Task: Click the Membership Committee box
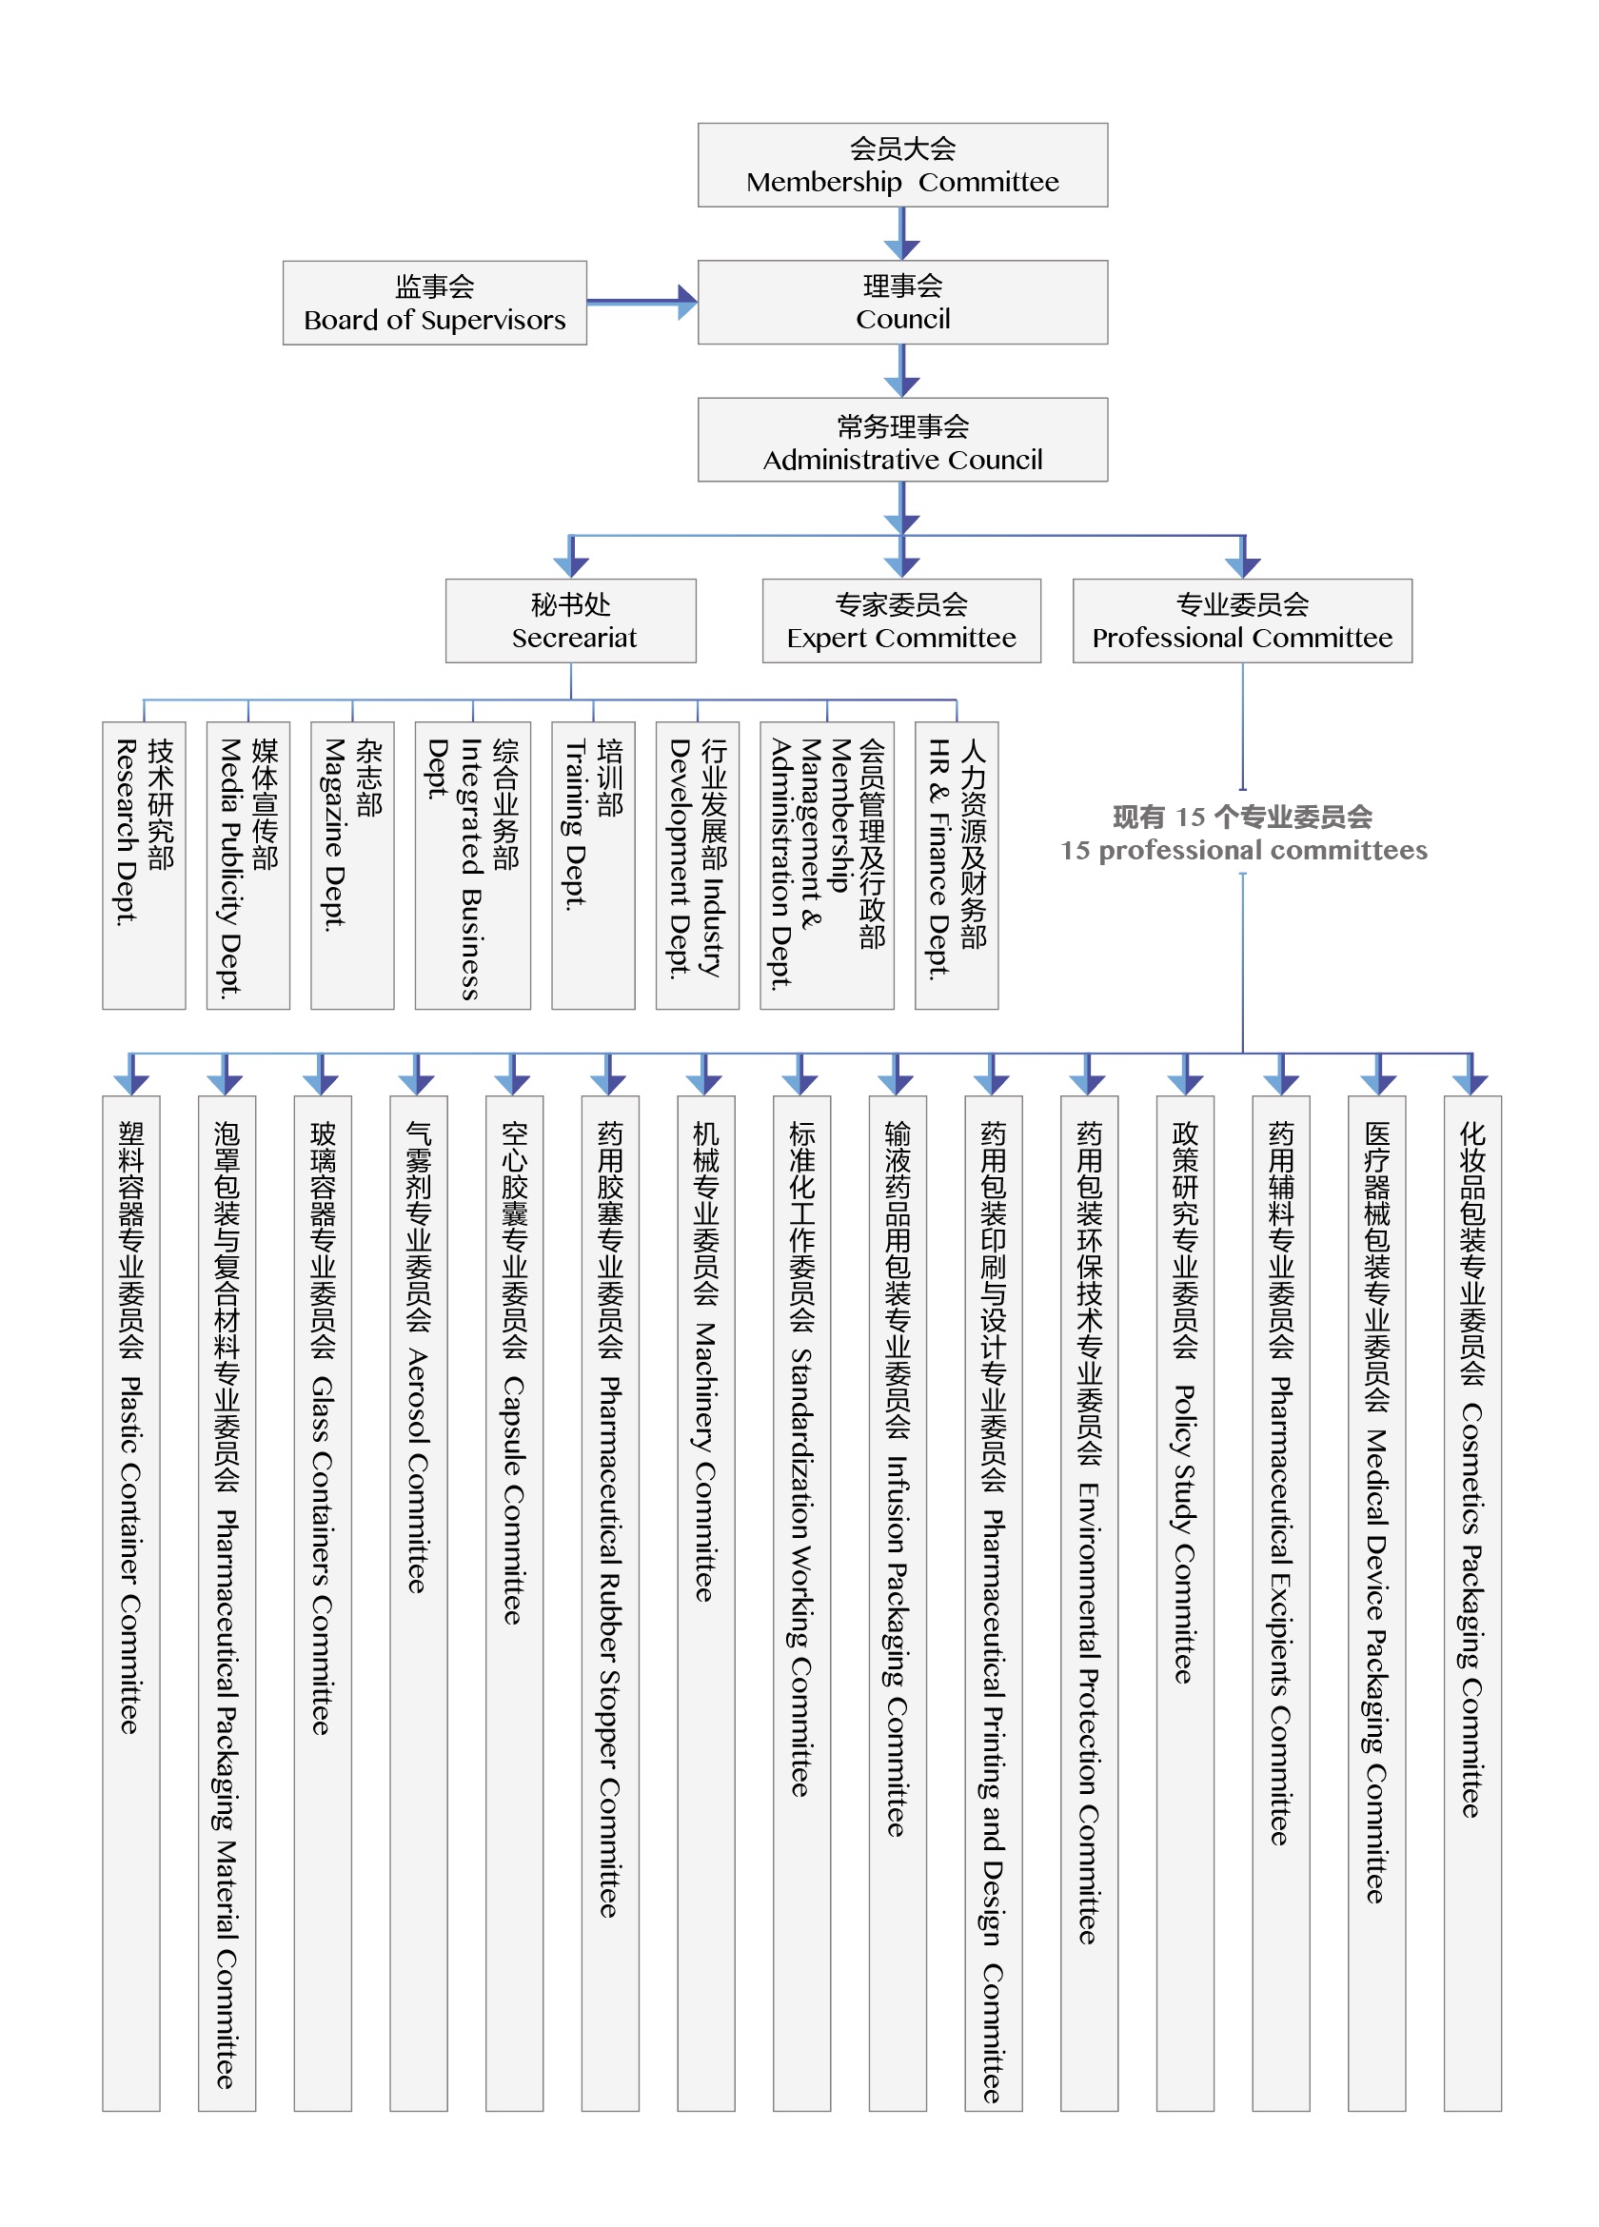pos(901,165)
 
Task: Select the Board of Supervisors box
pos(434,303)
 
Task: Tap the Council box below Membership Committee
pos(901,303)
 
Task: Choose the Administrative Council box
pos(901,440)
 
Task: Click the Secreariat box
pos(571,621)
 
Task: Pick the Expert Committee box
pos(901,621)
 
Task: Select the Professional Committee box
pos(1242,621)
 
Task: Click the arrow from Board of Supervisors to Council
pos(642,302)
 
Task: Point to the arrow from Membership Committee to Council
pos(901,234)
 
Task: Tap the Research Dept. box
pos(145,865)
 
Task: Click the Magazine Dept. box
pos(352,865)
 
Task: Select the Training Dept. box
pos(593,865)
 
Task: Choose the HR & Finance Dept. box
pos(957,865)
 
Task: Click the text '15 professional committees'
pos(1243,850)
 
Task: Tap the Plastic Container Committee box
pos(131,1604)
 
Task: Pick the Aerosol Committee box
pos(419,1604)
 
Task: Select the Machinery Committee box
pos(706,1604)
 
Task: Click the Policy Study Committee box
pos(1186,1604)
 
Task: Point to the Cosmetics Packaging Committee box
pos(1472,1604)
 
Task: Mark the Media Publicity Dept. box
pos(248,865)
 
